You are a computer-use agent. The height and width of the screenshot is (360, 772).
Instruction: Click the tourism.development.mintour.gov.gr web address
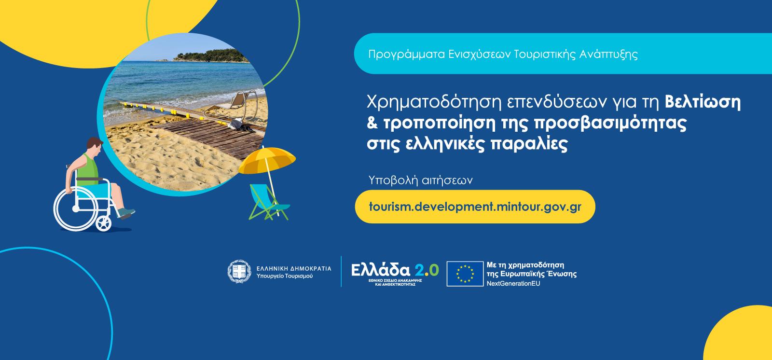[475, 207]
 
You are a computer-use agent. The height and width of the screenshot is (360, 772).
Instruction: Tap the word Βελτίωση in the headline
[703, 102]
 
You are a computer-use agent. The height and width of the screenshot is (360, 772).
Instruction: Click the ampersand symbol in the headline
[372, 123]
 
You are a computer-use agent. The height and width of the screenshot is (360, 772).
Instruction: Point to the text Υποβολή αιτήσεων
[420, 180]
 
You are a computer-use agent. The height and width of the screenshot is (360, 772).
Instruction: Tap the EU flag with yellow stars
[465, 274]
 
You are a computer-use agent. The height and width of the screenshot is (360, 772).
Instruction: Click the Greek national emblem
[239, 271]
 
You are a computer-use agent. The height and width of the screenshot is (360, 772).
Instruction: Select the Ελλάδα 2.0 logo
[395, 274]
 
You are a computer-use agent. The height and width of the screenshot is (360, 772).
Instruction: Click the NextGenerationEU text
[513, 283]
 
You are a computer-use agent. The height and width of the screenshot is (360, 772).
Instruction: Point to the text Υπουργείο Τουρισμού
[285, 276]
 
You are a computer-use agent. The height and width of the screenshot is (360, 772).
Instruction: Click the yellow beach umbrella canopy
[267, 160]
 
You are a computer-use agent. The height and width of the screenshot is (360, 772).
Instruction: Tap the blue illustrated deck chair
[269, 202]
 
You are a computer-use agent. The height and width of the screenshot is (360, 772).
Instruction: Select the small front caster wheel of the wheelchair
[103, 223]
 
